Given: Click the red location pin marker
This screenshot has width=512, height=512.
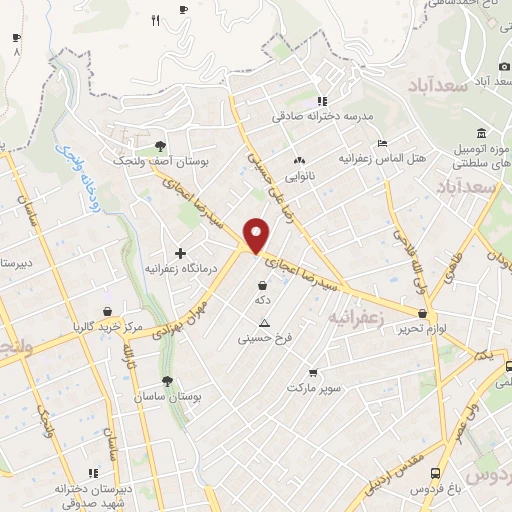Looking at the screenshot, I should click(x=257, y=235).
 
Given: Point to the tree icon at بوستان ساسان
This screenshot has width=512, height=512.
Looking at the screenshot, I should click(x=167, y=380).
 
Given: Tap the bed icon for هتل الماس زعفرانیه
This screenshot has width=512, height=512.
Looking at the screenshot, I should click(x=380, y=141).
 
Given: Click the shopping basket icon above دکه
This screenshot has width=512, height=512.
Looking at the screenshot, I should click(x=262, y=285).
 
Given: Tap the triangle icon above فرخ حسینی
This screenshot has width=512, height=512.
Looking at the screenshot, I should click(x=264, y=322).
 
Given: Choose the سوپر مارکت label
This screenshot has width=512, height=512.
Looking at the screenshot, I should click(x=315, y=386).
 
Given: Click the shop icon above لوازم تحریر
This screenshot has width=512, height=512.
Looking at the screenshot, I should click(x=424, y=313).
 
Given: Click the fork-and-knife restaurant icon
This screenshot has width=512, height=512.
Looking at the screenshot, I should click(x=155, y=20).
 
